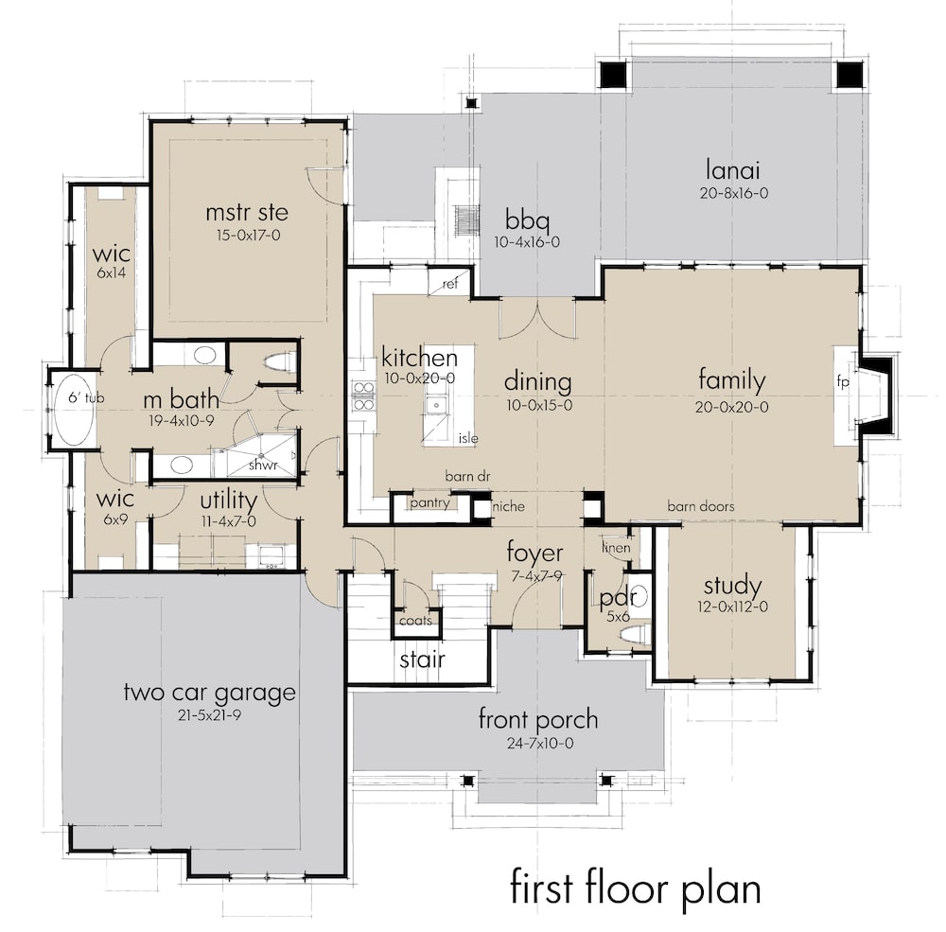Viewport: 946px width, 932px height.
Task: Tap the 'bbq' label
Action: (x=527, y=220)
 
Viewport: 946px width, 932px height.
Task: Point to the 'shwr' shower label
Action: (x=262, y=466)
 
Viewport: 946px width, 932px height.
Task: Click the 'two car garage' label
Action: (x=209, y=692)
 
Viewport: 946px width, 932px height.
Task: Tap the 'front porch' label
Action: (x=537, y=719)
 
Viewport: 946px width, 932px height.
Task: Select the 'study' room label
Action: (x=733, y=586)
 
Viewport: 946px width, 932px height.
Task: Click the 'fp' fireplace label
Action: (x=843, y=383)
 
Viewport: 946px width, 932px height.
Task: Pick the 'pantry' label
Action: (x=429, y=503)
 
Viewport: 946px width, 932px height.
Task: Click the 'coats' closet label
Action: (x=415, y=621)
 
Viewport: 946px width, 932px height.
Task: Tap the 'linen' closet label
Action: (x=616, y=548)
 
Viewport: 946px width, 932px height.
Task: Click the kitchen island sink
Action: (x=437, y=406)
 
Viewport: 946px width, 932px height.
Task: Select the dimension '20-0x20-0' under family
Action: (x=732, y=407)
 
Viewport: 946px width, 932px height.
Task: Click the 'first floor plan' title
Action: (x=635, y=889)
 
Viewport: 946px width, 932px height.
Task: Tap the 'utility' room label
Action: (x=228, y=499)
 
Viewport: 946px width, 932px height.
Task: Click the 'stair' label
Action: (x=422, y=659)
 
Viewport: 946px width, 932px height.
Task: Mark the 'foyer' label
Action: (x=534, y=553)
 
